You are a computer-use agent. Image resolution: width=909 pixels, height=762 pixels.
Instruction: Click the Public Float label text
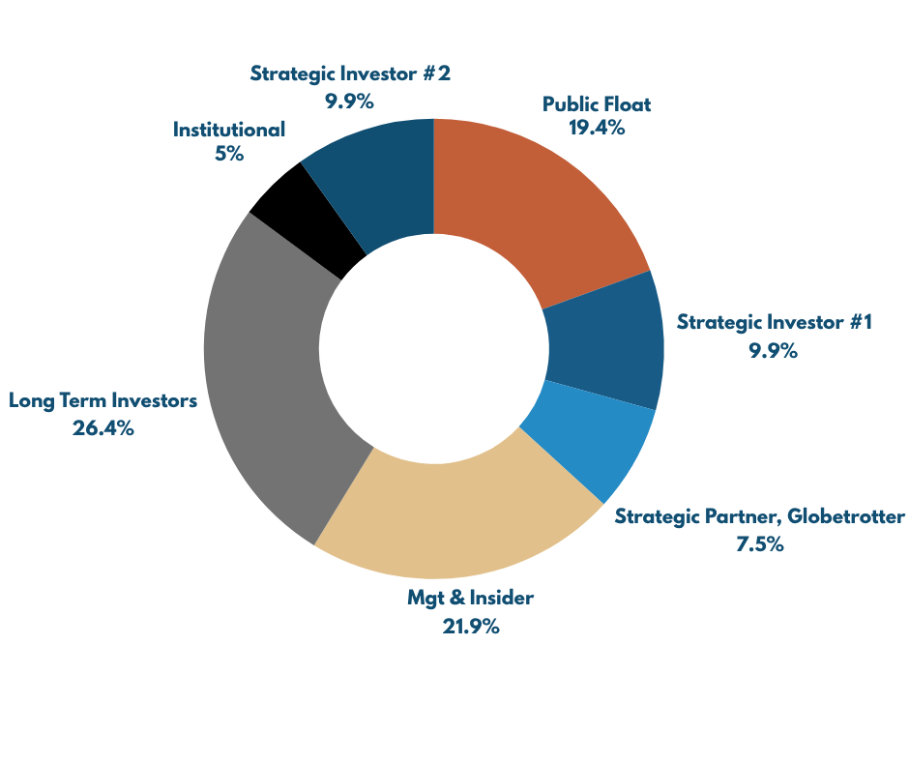click(x=597, y=104)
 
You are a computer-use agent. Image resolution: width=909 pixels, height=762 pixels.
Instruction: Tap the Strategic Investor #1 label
click(x=774, y=322)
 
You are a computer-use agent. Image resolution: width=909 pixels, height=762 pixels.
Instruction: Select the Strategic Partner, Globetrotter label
click(x=760, y=516)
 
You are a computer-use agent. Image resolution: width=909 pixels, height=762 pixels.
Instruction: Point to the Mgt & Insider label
click(x=471, y=599)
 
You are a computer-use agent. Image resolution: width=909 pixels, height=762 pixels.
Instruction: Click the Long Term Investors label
click(x=103, y=400)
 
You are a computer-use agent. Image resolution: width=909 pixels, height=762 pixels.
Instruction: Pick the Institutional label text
click(x=229, y=129)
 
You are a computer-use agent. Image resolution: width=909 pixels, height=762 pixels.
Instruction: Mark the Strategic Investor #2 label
click(x=350, y=73)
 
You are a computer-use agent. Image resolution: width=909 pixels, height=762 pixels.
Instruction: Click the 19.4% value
click(x=598, y=129)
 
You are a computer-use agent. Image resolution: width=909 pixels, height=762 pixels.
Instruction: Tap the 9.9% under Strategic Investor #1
click(x=773, y=350)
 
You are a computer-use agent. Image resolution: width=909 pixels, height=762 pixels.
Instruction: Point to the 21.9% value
click(x=471, y=627)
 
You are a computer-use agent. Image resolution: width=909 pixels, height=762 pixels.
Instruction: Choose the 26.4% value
click(x=103, y=428)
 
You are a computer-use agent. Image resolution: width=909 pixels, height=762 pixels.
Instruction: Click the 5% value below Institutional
click(x=229, y=154)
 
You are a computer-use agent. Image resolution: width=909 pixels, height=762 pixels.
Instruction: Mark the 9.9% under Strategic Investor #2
click(x=350, y=100)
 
